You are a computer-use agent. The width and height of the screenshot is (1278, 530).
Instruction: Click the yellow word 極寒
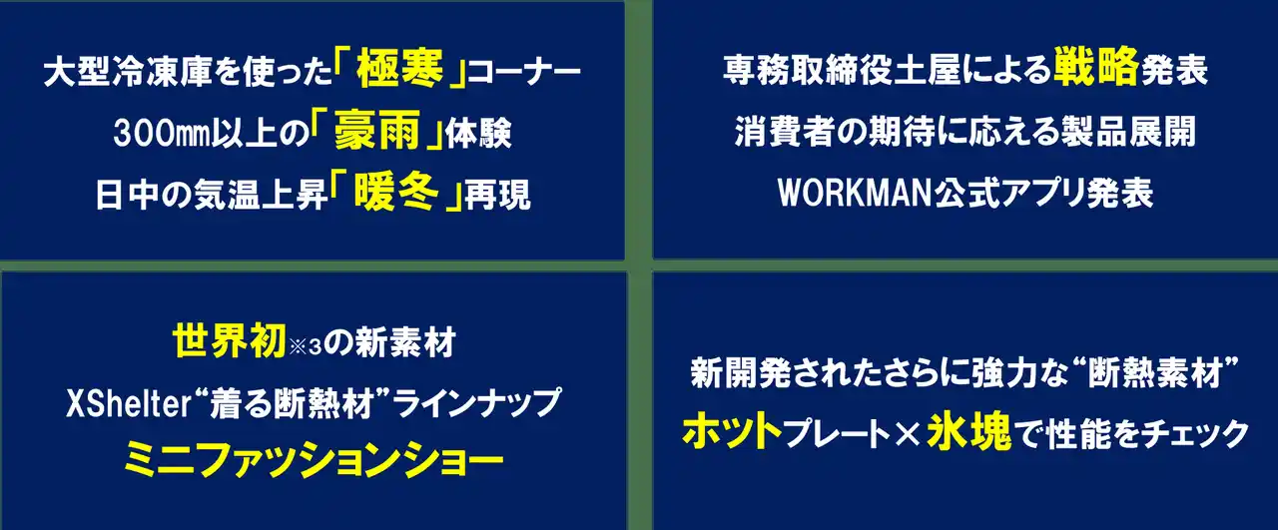tap(398, 71)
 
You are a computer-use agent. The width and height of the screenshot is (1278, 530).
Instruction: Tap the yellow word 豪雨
tap(377, 131)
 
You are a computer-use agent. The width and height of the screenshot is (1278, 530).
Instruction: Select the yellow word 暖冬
tap(396, 192)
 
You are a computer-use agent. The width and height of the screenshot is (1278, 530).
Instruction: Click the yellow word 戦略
tap(1096, 66)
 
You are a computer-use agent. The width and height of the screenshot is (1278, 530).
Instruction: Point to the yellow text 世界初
tap(229, 341)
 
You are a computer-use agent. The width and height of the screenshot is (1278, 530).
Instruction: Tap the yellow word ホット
tap(732, 432)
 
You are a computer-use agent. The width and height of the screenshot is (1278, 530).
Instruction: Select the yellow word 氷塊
tap(969, 432)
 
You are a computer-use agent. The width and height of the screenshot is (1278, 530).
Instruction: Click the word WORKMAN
tap(856, 194)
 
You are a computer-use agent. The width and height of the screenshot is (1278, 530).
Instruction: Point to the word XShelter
tap(129, 404)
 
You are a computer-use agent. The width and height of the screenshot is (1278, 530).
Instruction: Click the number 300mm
tap(162, 133)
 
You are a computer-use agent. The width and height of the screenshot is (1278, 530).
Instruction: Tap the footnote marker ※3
tap(306, 347)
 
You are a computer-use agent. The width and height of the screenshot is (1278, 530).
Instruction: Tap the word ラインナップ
tap(476, 404)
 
